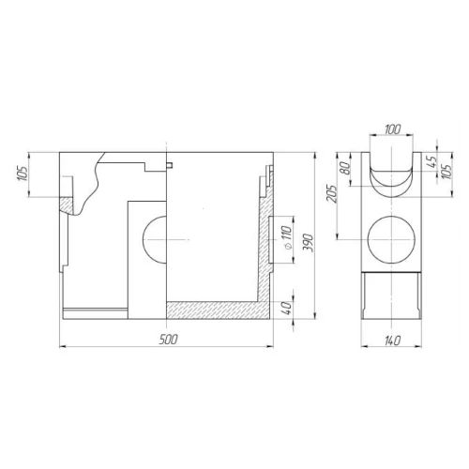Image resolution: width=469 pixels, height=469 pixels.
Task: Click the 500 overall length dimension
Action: click(x=168, y=339)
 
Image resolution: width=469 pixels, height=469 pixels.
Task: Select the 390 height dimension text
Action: click(x=308, y=243)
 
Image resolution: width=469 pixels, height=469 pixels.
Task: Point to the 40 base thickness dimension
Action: click(x=288, y=308)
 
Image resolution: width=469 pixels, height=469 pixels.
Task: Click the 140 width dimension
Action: click(x=391, y=340)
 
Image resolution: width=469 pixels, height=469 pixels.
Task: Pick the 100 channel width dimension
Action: click(x=392, y=129)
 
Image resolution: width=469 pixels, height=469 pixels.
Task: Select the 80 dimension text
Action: click(x=346, y=168)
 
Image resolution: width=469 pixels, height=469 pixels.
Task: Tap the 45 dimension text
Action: click(x=431, y=161)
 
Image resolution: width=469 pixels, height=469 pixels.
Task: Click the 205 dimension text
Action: click(x=332, y=194)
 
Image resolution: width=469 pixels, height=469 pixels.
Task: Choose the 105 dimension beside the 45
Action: click(x=446, y=172)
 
